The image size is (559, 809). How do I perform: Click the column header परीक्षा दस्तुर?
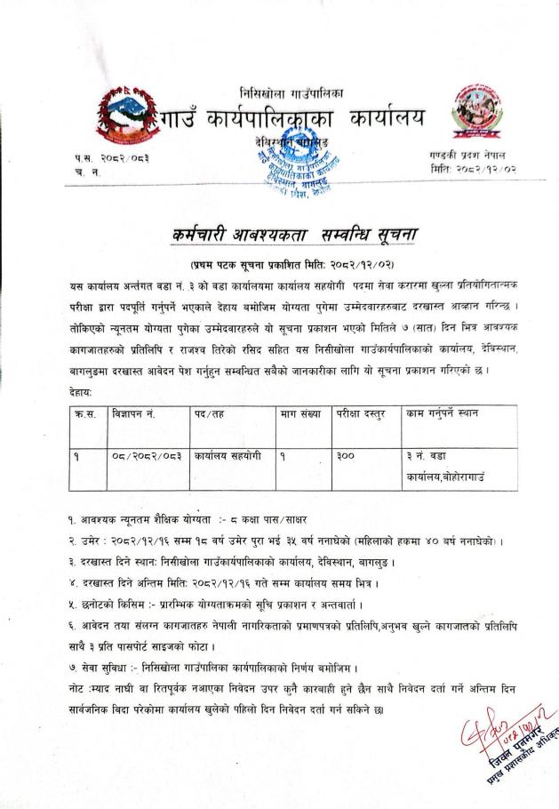pos(365,413)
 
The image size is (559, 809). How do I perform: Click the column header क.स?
pos(84,413)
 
